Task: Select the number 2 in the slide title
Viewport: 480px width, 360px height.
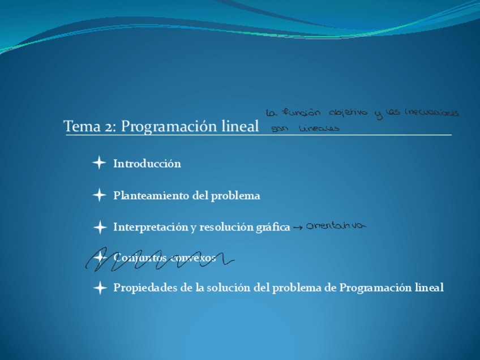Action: [x=110, y=126]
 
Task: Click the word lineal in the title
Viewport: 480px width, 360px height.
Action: [x=240, y=126]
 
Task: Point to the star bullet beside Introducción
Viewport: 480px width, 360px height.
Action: [x=99, y=164]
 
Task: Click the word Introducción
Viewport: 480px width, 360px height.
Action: [x=147, y=164]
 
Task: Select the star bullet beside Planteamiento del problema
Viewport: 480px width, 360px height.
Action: [x=99, y=196]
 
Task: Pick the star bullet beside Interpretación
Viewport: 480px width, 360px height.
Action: [x=99, y=228]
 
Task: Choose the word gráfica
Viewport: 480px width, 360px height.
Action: [x=271, y=228]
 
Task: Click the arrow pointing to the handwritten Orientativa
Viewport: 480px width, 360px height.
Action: [x=298, y=228]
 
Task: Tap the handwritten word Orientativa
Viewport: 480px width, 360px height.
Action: [x=336, y=226]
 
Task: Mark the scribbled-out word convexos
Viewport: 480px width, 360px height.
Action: [x=195, y=258]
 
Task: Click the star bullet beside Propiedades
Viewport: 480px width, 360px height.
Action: [x=99, y=288]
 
